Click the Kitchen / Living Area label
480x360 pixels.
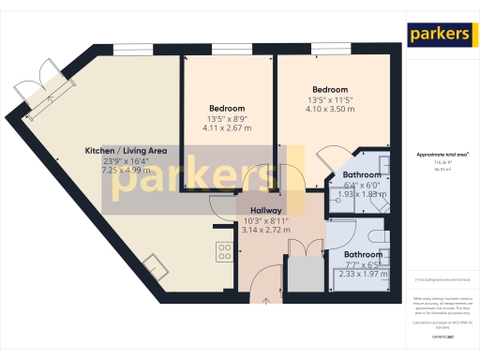tap(127, 151)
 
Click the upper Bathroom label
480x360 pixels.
tap(361, 175)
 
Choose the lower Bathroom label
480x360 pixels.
tap(361, 254)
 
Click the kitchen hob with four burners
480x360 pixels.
tap(225, 250)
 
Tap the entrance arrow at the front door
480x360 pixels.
tap(264, 302)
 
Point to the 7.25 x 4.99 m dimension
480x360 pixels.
tap(127, 172)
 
